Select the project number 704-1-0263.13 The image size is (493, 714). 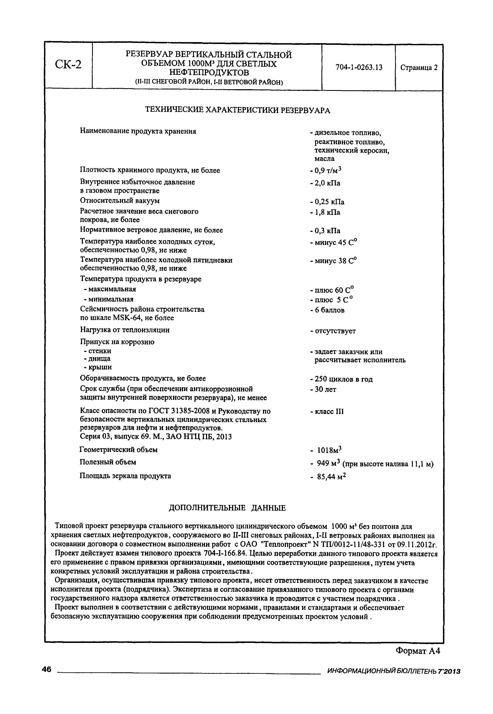359,67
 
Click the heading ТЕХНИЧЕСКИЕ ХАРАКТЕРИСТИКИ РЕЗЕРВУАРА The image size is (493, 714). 238,110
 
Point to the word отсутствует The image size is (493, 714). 335,331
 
